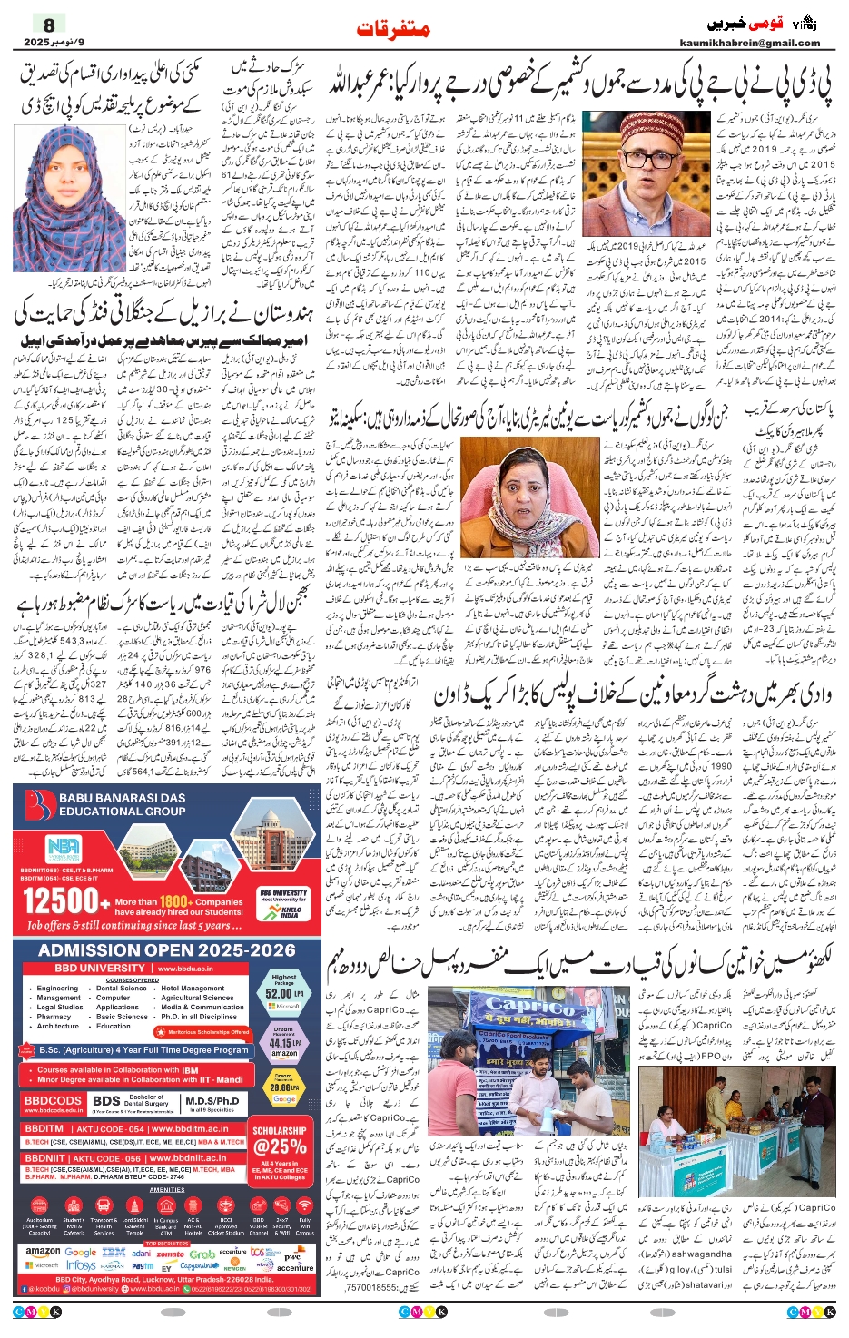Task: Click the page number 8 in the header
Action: tap(49, 25)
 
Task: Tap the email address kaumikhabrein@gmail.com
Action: tap(749, 43)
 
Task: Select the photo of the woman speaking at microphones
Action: tap(529, 497)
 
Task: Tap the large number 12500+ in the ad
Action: tap(60, 900)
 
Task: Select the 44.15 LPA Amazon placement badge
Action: tap(284, 1043)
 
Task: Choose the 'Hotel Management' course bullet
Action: tap(193, 989)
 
